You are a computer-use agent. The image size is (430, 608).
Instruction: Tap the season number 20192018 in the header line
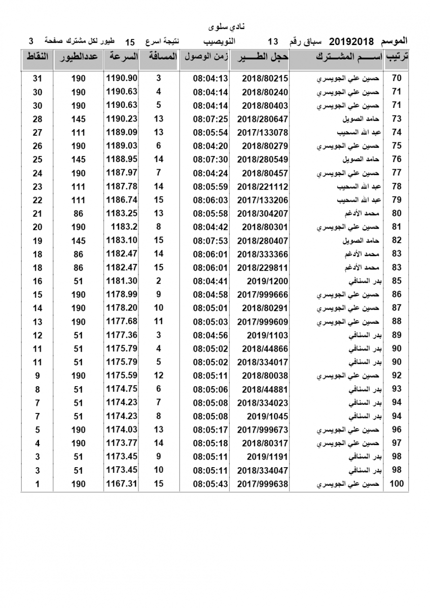coord(351,41)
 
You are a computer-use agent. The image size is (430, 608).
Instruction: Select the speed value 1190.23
coord(122,119)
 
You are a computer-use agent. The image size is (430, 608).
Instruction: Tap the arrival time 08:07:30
coord(210,160)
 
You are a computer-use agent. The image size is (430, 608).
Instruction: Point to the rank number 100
coord(397,484)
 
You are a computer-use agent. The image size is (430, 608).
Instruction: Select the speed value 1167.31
coord(122,484)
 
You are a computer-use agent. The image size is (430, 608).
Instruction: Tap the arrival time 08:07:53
coord(210,241)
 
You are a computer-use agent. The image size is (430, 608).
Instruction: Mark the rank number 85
coord(397,281)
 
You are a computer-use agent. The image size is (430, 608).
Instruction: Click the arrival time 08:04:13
coord(210,79)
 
